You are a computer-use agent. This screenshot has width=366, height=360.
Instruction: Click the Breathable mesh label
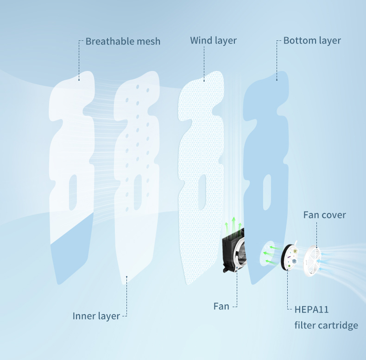tap(123, 41)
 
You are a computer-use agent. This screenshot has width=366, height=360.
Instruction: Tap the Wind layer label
tap(213, 41)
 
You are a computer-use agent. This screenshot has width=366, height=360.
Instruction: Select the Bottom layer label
tap(312, 41)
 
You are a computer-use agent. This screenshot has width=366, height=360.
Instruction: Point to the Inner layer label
tap(96, 316)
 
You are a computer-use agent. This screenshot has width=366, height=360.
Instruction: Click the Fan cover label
tap(324, 215)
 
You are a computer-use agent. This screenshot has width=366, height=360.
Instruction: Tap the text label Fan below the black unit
tap(221, 306)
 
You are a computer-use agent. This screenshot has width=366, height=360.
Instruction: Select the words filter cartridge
tap(326, 325)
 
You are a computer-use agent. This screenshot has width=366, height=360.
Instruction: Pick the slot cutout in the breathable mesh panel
tap(72, 192)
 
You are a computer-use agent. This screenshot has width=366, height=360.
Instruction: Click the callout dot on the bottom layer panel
tap(277, 79)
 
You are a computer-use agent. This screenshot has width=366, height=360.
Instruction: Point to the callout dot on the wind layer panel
tap(204, 80)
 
